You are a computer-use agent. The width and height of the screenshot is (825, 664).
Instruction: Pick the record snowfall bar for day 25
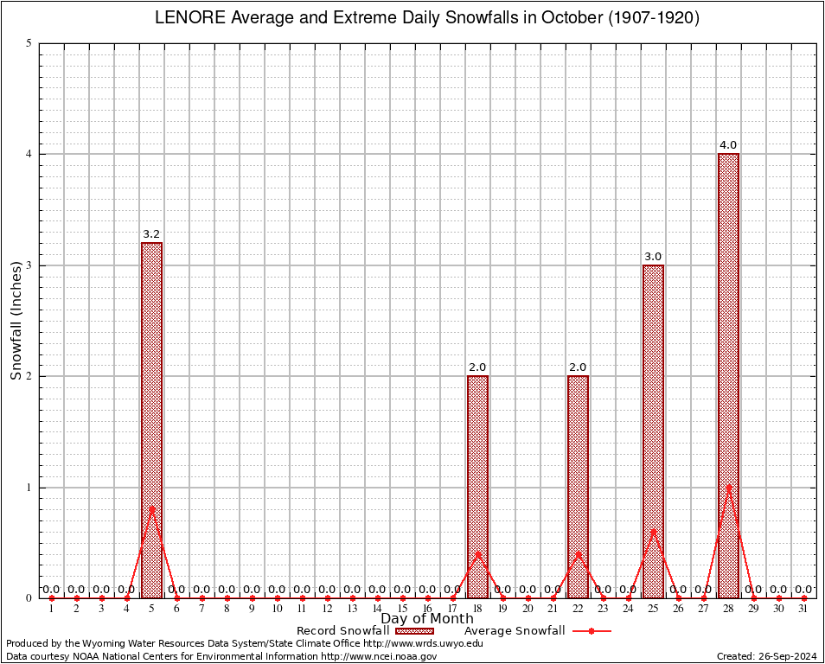[x=653, y=431]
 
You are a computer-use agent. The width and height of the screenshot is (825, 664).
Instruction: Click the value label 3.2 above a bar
[x=151, y=234]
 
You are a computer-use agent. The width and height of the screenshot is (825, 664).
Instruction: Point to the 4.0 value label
[x=728, y=145]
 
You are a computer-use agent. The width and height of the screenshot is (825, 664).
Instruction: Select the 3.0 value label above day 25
[x=653, y=257]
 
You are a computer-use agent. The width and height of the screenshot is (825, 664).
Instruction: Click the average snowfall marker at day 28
[x=728, y=488]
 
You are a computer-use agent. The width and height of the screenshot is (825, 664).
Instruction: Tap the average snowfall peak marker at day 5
[x=151, y=508]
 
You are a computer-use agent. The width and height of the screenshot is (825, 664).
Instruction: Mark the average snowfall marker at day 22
[x=578, y=553]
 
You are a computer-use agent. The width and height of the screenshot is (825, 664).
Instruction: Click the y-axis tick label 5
[x=29, y=43]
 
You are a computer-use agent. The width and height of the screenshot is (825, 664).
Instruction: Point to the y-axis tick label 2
[x=29, y=376]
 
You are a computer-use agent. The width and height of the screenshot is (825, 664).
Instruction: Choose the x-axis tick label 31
[x=803, y=610]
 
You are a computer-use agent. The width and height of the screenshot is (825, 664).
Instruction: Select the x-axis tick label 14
[x=377, y=610]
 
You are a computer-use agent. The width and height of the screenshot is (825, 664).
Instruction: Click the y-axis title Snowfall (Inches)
[x=16, y=321]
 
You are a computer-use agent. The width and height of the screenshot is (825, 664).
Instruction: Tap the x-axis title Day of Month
[x=427, y=618]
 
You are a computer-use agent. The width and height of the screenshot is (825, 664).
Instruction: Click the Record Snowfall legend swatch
[x=412, y=631]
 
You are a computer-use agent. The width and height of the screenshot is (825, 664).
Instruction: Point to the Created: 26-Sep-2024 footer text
[x=766, y=656]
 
